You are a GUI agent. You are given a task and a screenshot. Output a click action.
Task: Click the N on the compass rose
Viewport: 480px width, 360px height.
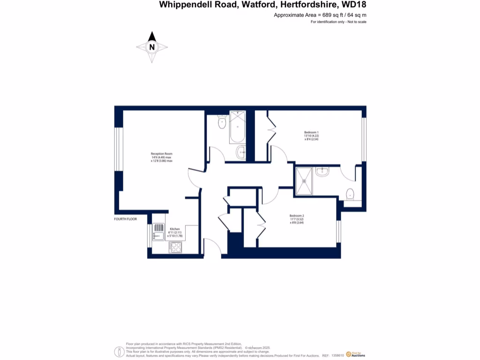click(152, 47)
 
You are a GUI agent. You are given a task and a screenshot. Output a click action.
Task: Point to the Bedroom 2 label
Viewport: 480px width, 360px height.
click(297, 216)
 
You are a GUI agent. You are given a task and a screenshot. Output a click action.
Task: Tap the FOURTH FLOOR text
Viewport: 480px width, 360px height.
click(126, 219)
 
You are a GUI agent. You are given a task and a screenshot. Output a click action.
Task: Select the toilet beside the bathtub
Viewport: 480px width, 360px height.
click(222, 122)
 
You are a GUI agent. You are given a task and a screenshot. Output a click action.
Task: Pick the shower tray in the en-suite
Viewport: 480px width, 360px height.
click(305, 180)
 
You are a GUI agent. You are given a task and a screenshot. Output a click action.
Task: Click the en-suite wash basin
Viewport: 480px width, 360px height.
click(322, 173)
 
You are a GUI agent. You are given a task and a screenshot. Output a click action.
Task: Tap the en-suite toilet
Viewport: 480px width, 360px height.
click(350, 194)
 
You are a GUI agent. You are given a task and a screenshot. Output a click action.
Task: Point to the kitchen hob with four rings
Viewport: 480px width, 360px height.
click(176, 247)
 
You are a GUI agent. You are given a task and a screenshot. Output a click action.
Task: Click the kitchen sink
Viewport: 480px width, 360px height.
click(158, 232)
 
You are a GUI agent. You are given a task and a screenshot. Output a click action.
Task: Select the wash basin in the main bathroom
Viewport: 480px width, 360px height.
click(240, 151)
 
